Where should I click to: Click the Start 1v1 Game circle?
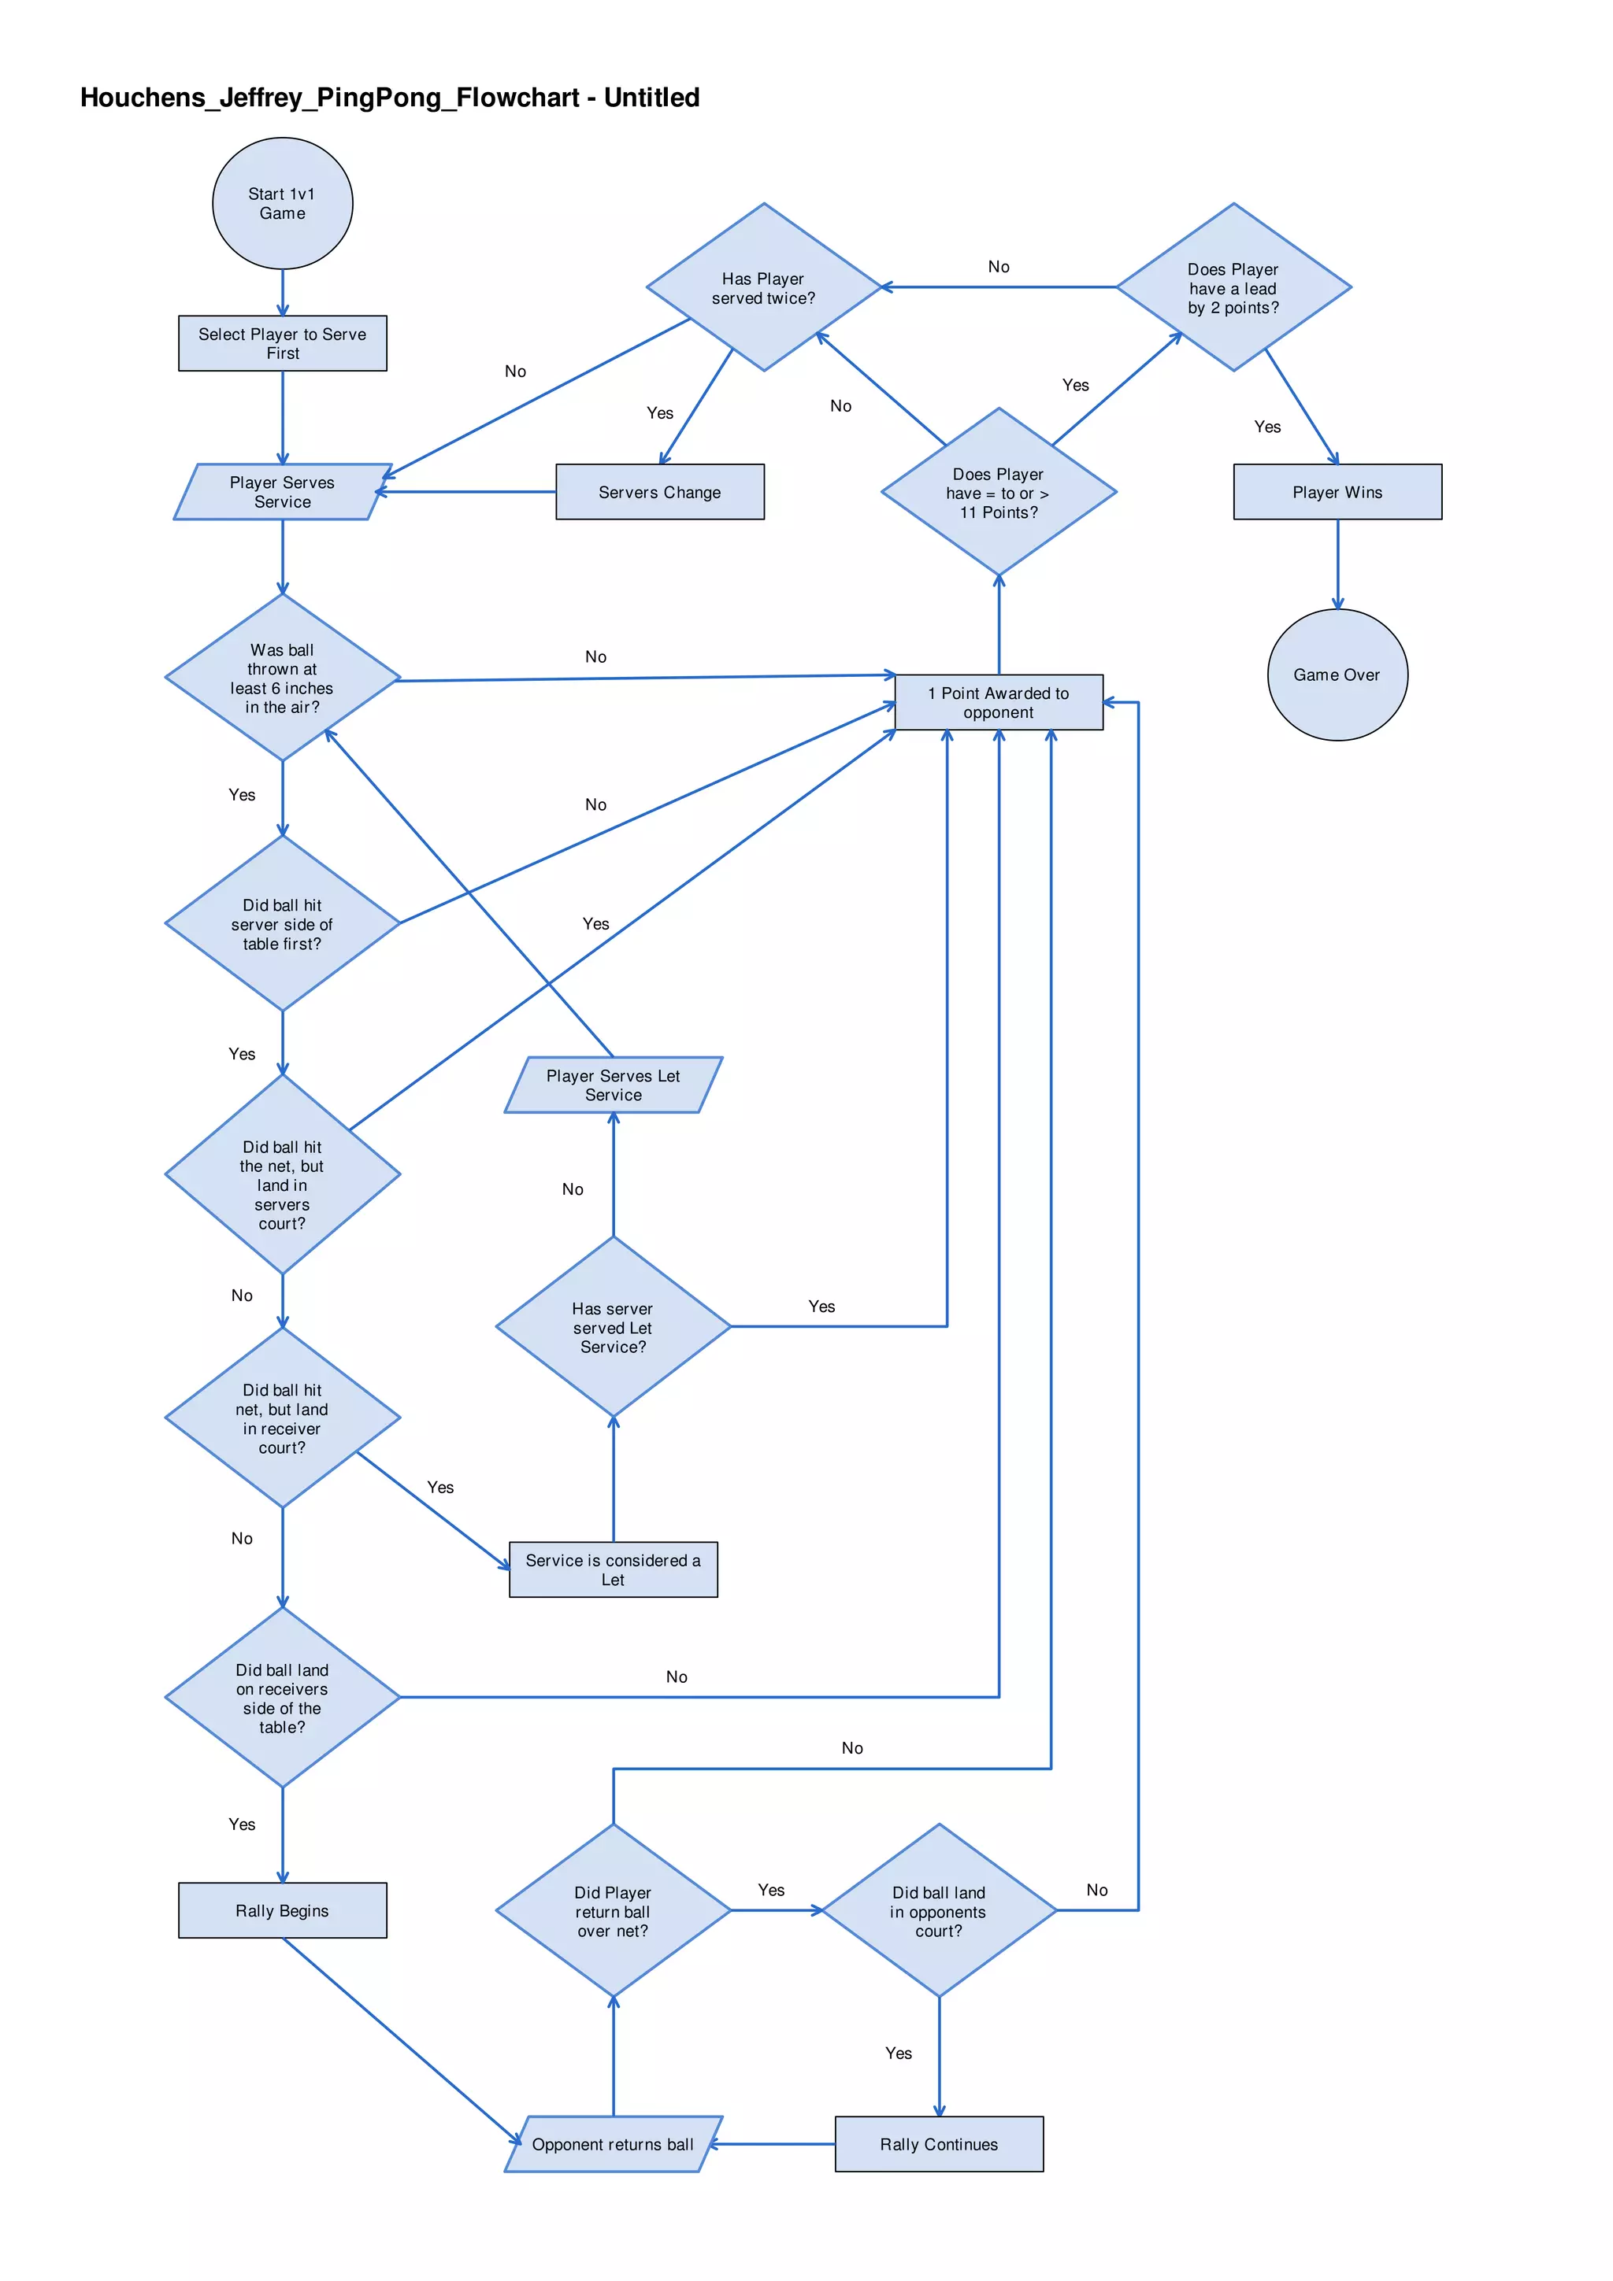click(x=282, y=204)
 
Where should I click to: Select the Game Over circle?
click(x=1337, y=675)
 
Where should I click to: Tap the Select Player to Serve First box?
click(x=282, y=344)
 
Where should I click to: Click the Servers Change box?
click(x=660, y=492)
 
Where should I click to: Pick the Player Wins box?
click(x=1337, y=492)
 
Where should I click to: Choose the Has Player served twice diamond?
click(x=763, y=288)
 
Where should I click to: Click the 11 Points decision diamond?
click(x=998, y=493)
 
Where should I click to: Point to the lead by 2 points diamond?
click(x=1233, y=288)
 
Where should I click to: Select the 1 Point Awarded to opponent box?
click(x=998, y=702)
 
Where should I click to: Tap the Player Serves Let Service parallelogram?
click(x=614, y=1085)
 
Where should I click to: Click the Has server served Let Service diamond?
click(x=614, y=1327)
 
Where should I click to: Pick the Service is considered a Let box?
click(x=614, y=1569)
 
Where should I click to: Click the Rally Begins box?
click(x=282, y=1910)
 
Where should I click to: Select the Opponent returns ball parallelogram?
click(x=614, y=2144)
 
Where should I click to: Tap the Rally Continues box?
click(x=939, y=2144)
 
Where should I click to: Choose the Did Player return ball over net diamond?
click(x=614, y=1910)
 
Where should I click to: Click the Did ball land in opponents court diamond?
click(x=939, y=1910)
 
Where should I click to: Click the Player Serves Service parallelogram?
click(x=282, y=492)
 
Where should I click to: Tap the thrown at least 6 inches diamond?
click(x=282, y=678)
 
